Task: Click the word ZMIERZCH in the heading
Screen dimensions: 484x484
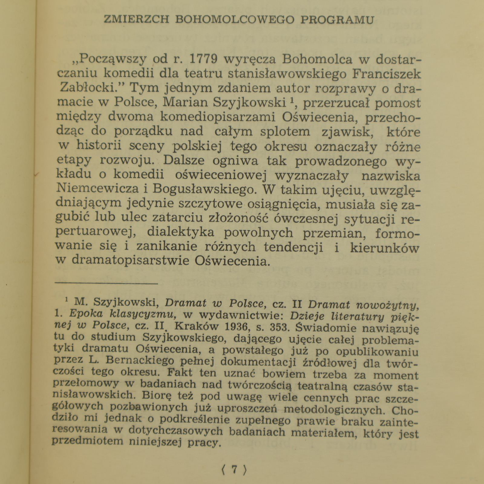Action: click(x=136, y=20)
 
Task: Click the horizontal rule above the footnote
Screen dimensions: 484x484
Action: click(x=106, y=283)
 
